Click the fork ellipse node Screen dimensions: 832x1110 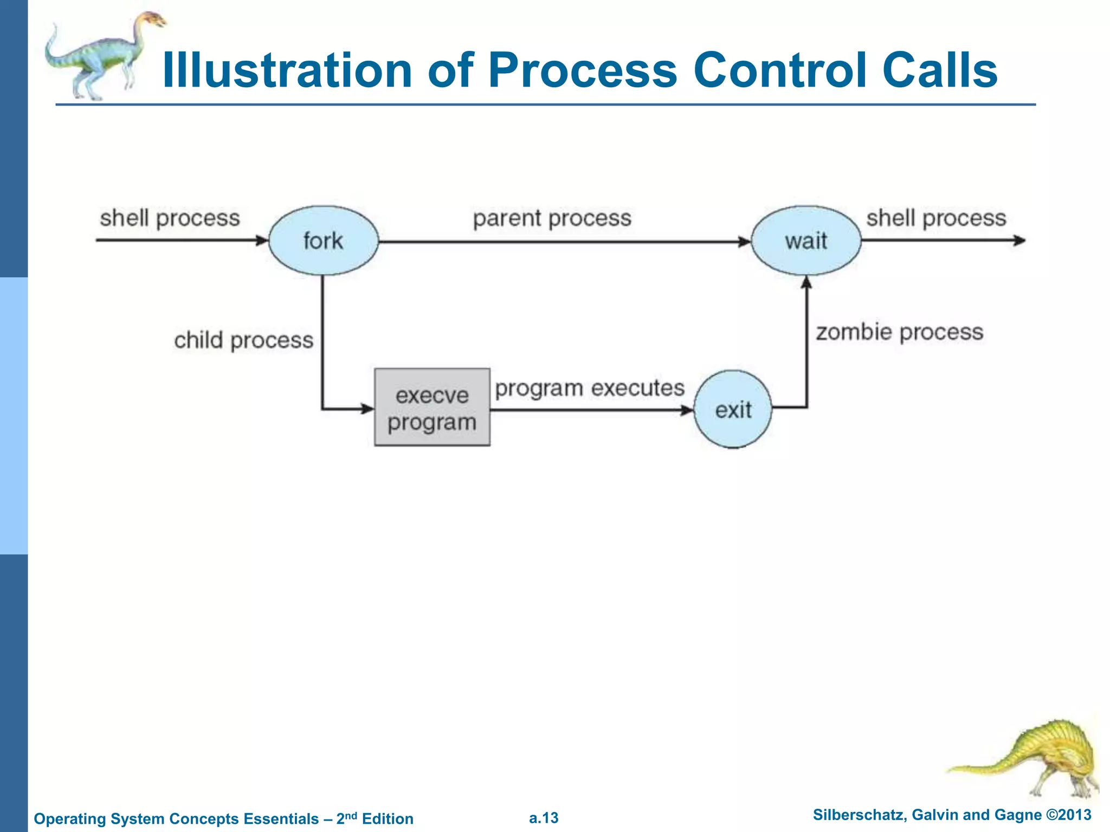[x=324, y=240]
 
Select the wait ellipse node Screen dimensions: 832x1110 [x=806, y=240]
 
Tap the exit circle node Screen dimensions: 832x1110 [x=733, y=409]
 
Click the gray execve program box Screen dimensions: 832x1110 [x=432, y=407]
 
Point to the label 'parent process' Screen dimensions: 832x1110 [x=552, y=218]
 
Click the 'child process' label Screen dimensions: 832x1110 [x=243, y=340]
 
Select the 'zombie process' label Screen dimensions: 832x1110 [x=899, y=332]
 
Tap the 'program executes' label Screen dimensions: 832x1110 [x=590, y=388]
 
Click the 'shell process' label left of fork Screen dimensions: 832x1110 [x=170, y=218]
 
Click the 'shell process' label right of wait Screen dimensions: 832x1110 [x=936, y=218]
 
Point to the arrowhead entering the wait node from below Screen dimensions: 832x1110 [x=806, y=282]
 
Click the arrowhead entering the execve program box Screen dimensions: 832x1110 [x=368, y=409]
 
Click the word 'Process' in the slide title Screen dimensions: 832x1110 [x=583, y=70]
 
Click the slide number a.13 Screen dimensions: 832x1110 [x=544, y=818]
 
